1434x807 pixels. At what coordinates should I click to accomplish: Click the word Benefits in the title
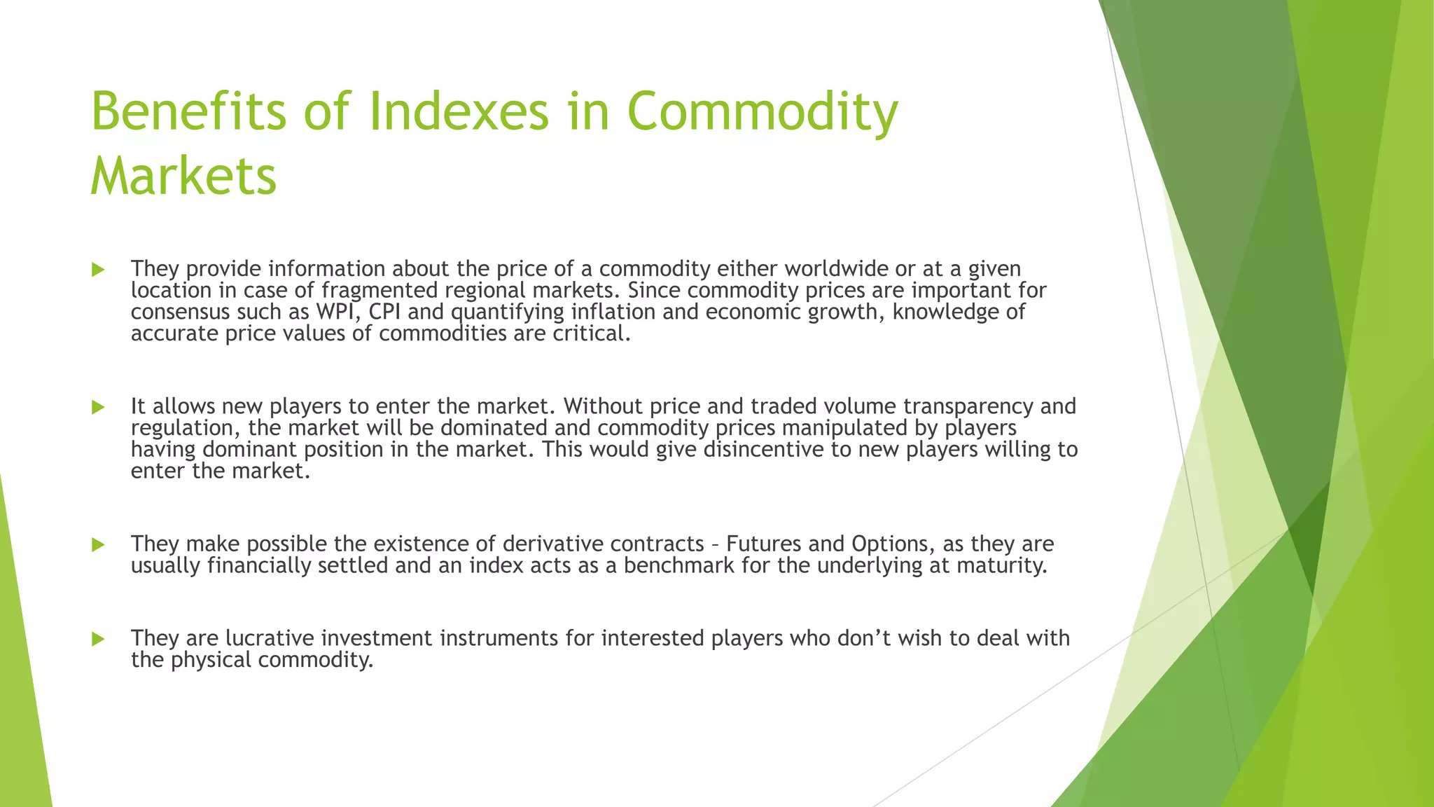coord(188,111)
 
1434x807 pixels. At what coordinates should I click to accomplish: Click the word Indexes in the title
coord(459,111)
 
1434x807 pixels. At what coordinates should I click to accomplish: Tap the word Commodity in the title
coord(762,111)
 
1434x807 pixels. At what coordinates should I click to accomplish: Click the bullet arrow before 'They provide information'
coord(98,270)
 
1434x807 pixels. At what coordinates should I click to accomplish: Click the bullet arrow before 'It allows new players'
coord(98,407)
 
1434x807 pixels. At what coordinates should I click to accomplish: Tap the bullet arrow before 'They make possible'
coord(98,544)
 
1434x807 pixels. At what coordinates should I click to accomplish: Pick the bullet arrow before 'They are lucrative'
coord(98,639)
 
